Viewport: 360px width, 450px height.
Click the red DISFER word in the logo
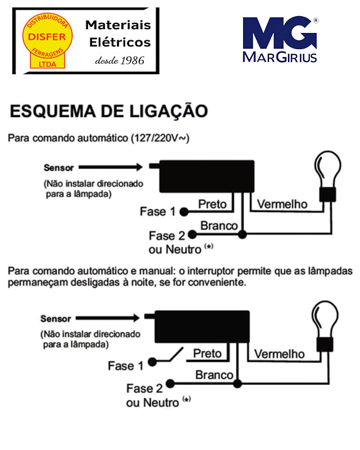tap(46, 37)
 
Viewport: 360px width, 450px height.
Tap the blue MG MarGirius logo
tap(280, 39)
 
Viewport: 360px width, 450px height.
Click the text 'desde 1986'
tap(120, 61)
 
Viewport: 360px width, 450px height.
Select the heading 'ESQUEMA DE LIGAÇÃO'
tap(109, 111)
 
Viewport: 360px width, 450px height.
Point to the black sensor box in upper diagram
tap(206, 176)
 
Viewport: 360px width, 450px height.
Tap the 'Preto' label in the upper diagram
tap(212, 204)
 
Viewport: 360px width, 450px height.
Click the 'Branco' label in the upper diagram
tap(219, 226)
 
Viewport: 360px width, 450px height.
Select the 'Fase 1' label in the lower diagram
tap(126, 366)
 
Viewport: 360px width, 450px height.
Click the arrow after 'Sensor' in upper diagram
tap(110, 167)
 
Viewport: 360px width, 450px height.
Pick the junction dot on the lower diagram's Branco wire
tap(237, 384)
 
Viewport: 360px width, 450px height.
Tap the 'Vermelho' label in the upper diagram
tap(282, 204)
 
